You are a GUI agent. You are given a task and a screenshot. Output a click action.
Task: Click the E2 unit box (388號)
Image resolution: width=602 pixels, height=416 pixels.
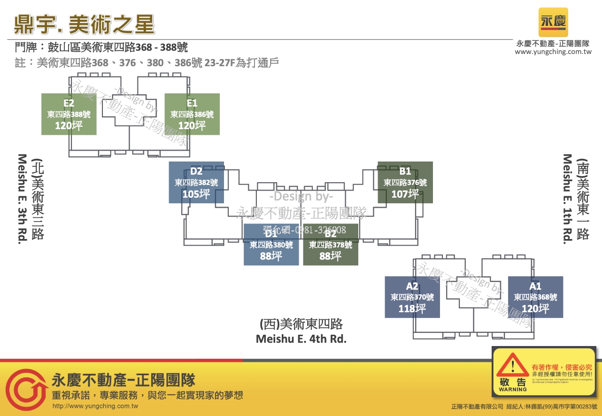click(x=69, y=114)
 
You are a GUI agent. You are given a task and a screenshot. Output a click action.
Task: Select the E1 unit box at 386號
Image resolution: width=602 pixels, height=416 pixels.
click(x=192, y=114)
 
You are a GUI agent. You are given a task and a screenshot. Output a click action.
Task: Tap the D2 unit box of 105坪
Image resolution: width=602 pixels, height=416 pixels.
click(x=196, y=182)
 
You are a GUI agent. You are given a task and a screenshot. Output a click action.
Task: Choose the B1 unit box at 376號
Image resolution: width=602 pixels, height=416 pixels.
click(x=405, y=182)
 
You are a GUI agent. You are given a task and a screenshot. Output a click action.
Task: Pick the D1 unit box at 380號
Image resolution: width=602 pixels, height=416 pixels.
click(x=271, y=245)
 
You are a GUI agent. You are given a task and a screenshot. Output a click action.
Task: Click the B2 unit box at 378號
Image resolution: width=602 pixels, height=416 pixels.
click(x=331, y=245)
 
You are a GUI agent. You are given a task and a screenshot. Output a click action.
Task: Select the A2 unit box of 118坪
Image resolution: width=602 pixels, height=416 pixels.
click(x=412, y=297)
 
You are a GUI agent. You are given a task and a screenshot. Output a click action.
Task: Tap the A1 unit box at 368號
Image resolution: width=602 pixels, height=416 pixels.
click(x=535, y=297)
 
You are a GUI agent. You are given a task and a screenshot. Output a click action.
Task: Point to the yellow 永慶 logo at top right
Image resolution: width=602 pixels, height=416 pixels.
click(x=553, y=22)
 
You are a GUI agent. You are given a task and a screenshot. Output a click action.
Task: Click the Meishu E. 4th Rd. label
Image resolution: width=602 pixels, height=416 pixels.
click(x=301, y=339)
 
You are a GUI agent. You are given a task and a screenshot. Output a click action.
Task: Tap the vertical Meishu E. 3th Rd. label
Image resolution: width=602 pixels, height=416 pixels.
click(x=22, y=198)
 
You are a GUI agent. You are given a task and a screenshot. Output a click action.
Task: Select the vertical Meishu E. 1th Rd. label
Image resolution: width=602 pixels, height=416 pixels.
click(x=567, y=198)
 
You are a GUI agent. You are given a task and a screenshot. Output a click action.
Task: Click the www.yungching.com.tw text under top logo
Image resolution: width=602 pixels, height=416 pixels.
click(x=553, y=52)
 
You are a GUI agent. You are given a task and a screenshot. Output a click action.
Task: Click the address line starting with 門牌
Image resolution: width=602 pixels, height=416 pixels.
click(x=101, y=47)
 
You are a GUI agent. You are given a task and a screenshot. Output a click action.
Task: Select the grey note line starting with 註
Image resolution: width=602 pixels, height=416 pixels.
click(x=147, y=62)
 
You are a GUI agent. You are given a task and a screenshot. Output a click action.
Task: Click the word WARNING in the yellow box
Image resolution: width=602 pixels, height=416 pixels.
click(x=513, y=389)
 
